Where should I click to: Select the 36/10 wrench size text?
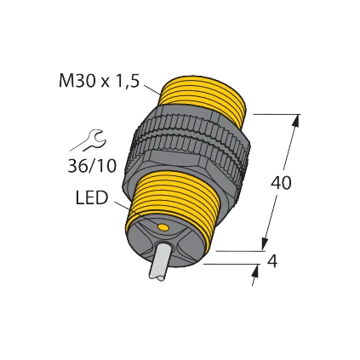coord(92,167)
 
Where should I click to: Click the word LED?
coord(92,198)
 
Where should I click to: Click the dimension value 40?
coord(281,183)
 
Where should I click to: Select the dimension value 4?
coord(272,261)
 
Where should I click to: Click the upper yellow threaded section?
coord(204,98)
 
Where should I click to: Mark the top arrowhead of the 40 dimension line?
coord(295,122)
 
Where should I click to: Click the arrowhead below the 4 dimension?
coord(255,272)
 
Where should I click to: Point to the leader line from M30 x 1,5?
coord(151,89)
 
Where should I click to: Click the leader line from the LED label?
coord(123,207)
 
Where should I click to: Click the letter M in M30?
coord(66,81)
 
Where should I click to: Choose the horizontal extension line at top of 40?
coord(274,114)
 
